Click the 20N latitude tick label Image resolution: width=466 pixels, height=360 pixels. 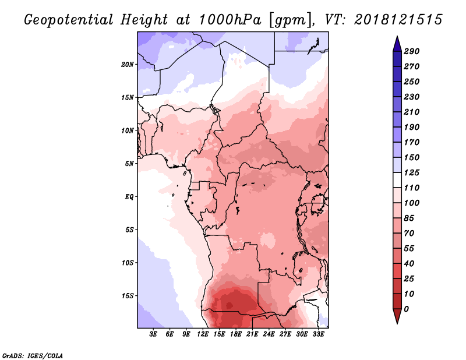(x=128, y=65)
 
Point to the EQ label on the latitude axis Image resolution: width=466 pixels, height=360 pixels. (x=129, y=197)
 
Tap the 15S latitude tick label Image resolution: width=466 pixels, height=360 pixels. (x=128, y=296)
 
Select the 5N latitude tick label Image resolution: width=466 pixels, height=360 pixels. (x=129, y=164)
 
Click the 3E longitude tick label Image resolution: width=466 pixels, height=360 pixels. (x=153, y=334)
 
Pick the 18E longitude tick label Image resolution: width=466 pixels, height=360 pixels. (x=235, y=334)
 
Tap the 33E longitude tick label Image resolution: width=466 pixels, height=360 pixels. (x=318, y=334)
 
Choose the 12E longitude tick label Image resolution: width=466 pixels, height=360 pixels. (x=202, y=334)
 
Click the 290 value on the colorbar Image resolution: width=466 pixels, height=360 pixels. (x=412, y=51)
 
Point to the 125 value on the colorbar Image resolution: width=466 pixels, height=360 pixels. (x=412, y=172)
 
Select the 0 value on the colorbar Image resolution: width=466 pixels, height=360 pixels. (x=406, y=309)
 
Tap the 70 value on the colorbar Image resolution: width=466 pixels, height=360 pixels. (x=409, y=234)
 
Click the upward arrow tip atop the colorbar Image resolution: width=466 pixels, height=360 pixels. (x=397, y=36)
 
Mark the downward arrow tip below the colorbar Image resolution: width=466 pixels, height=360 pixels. (x=397, y=323)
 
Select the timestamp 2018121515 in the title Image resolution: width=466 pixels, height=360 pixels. (x=398, y=20)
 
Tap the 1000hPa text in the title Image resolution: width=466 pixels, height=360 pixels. (x=230, y=20)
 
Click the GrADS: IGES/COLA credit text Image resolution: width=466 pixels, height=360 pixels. (x=33, y=356)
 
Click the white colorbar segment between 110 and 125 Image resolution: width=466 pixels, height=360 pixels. (x=397, y=180)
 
